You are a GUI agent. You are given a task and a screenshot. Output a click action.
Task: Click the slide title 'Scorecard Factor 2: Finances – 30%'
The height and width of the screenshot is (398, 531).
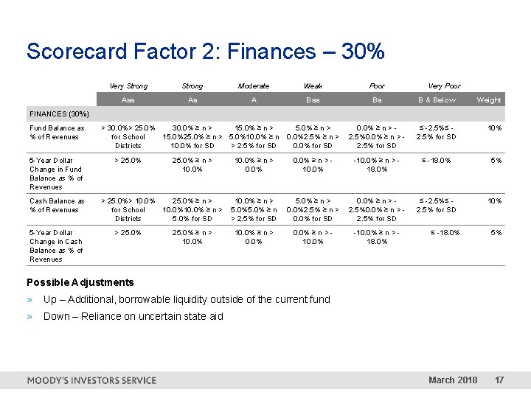point(205,52)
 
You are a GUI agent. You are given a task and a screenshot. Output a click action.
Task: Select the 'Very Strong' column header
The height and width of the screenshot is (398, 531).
point(128,85)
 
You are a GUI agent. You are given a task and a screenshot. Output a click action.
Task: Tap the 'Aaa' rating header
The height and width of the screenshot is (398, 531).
point(128,100)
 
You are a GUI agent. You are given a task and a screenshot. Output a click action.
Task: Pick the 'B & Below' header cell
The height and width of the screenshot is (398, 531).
point(437,100)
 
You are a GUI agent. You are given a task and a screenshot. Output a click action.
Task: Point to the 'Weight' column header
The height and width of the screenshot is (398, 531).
point(488,100)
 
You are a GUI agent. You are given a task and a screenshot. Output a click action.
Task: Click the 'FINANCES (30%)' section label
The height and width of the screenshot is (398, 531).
point(59,114)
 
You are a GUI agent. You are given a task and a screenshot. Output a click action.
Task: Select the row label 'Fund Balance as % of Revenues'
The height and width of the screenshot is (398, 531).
point(57,132)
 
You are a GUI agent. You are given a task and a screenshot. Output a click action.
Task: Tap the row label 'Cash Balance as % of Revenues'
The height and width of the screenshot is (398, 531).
point(57,205)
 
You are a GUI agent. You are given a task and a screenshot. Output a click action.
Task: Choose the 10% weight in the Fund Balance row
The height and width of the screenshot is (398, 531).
point(494,128)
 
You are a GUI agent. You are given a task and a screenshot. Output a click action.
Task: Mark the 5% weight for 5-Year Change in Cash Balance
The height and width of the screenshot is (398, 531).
point(496,233)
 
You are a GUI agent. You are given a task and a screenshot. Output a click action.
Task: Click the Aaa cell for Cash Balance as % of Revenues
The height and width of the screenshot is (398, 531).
point(128,209)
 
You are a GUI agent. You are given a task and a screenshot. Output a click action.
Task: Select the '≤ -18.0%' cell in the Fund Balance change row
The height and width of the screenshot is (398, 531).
point(436,160)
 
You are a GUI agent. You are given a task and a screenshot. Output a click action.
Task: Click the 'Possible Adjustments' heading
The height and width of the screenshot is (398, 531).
point(80,282)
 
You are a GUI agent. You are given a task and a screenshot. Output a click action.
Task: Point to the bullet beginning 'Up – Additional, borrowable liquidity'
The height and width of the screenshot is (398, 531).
point(187,299)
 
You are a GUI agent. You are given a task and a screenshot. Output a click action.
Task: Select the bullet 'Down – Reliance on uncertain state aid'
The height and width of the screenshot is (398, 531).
point(133,316)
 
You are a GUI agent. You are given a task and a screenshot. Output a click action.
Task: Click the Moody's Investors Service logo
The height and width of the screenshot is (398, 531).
point(91,380)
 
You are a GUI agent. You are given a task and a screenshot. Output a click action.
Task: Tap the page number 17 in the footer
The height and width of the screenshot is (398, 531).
point(499,380)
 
